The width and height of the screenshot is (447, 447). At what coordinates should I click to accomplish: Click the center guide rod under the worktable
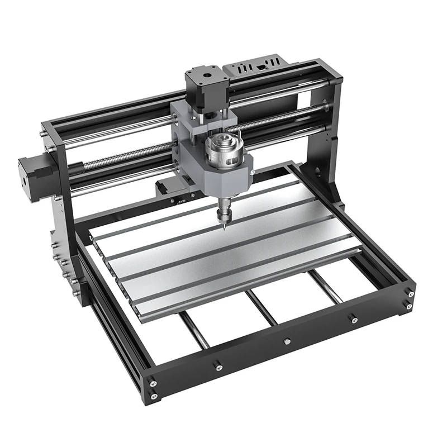coord(262,307)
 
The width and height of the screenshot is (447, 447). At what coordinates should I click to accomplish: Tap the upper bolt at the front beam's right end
coord(411,293)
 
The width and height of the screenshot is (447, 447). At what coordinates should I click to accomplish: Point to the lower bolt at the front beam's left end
coord(154,396)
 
